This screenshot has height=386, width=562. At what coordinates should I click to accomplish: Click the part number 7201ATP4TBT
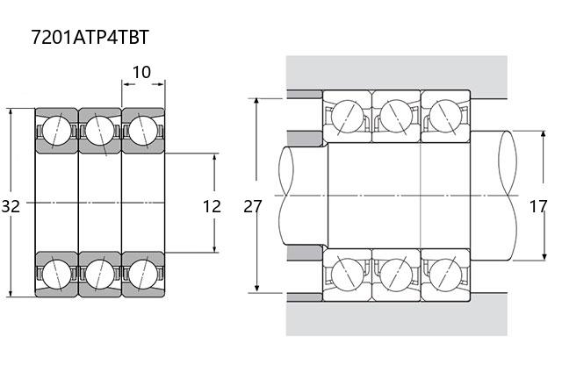tap(90, 37)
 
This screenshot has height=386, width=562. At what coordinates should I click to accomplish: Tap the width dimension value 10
tap(141, 72)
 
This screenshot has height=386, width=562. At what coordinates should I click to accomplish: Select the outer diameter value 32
tap(11, 207)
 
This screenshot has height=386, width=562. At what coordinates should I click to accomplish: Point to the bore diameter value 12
tap(212, 207)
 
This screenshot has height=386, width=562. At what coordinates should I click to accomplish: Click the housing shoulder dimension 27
tap(253, 207)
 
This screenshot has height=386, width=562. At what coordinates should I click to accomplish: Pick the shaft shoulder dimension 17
tap(538, 207)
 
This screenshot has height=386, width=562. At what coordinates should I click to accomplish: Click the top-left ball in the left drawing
tap(56, 131)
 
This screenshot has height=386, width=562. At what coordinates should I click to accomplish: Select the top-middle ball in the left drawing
tap(100, 131)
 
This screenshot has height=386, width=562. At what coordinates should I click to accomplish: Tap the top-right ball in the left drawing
tap(143, 131)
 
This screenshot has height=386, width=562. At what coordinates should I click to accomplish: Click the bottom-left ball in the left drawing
tap(56, 275)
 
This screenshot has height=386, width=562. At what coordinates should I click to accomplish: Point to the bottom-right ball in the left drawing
tap(143, 275)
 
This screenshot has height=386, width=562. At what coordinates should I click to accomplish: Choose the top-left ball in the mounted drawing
tap(348, 117)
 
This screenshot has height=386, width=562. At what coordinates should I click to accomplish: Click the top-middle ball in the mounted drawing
tap(396, 117)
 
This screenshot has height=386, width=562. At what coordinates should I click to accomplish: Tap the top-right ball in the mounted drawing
tap(445, 117)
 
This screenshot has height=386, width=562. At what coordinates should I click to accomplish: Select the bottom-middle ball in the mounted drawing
tap(396, 275)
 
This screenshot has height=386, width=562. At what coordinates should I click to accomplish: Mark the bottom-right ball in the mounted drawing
tap(445, 275)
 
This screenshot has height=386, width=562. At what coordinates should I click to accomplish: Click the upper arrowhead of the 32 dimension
tap(11, 113)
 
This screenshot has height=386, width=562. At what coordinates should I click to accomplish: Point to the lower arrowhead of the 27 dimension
tap(256, 288)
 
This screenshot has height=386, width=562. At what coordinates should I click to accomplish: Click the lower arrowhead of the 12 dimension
tap(214, 247)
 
